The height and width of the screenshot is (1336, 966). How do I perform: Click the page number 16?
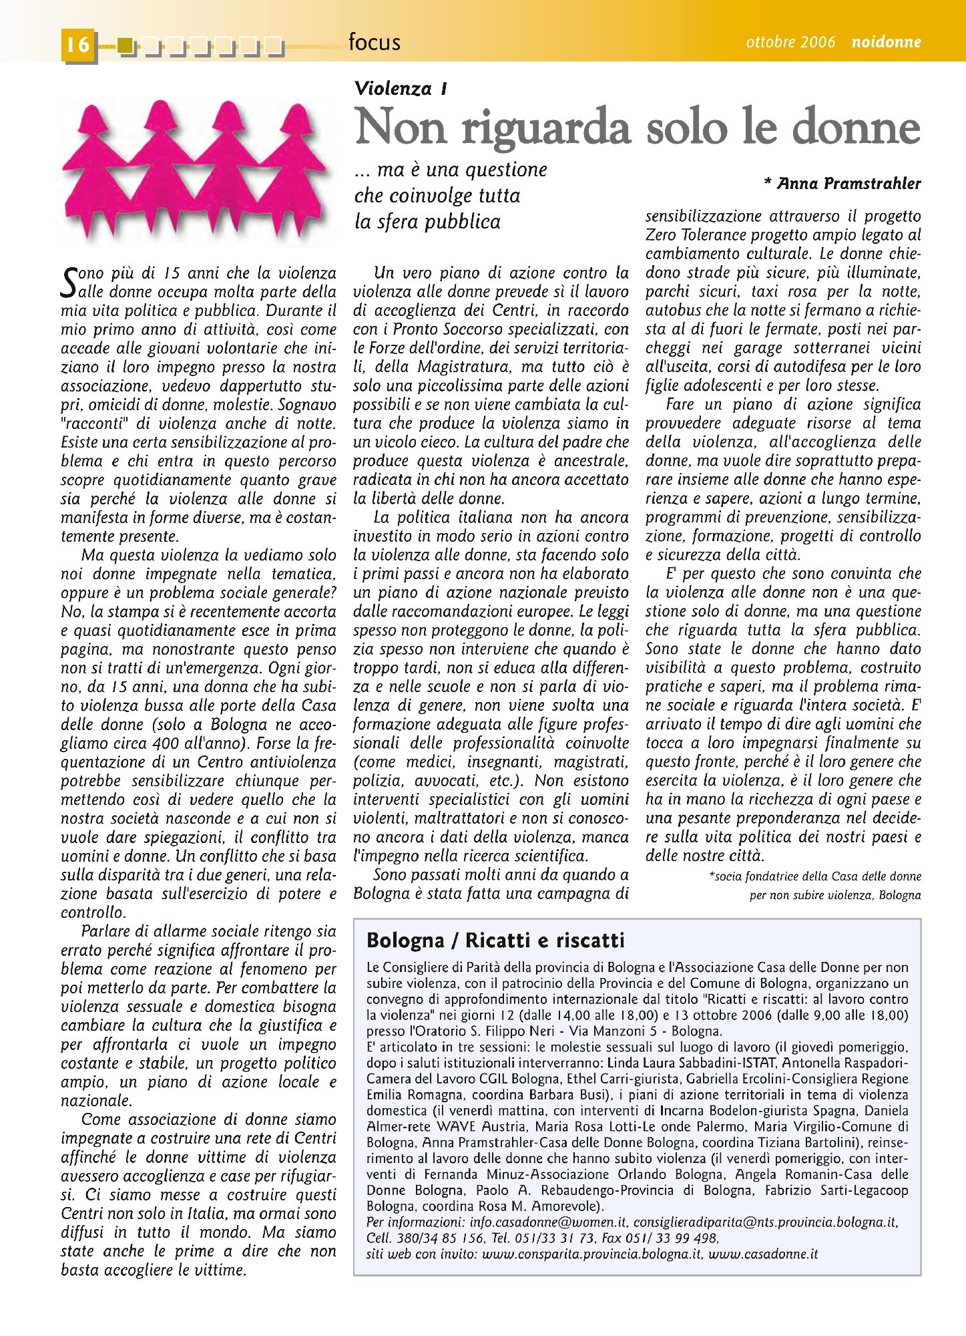click(x=77, y=45)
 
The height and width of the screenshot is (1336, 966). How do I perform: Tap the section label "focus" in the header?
click(x=374, y=43)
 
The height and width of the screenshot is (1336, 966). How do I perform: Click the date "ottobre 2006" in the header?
click(x=790, y=42)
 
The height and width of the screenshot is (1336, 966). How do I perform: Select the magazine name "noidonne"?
click(x=886, y=42)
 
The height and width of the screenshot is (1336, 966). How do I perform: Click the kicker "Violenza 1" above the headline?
click(x=401, y=89)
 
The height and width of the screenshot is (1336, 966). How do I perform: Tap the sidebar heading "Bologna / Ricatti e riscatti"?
click(x=495, y=941)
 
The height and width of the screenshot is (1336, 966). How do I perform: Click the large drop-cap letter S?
click(x=69, y=282)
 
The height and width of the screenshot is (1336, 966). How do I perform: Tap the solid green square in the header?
click(x=125, y=45)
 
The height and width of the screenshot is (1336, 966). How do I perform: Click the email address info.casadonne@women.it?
click(x=548, y=1222)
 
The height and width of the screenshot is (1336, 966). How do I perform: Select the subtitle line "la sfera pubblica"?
click(x=427, y=222)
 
